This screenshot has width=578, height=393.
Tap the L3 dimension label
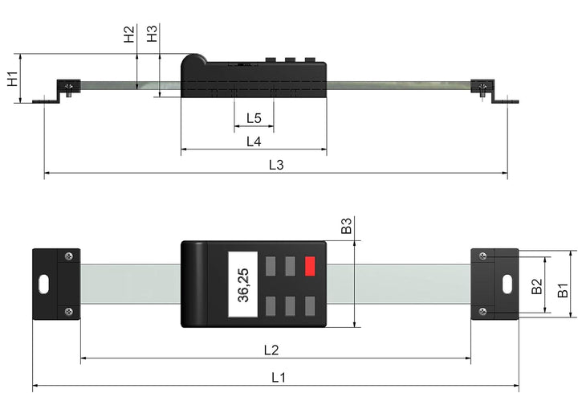(276, 164)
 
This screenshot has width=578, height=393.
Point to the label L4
(254, 141)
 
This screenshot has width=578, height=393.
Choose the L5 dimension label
(254, 118)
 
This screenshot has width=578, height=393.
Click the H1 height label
(12, 79)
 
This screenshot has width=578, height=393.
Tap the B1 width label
(564, 289)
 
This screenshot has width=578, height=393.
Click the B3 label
(346, 226)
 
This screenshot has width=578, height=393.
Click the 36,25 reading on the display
(242, 284)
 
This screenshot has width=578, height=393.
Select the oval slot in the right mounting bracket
(507, 284)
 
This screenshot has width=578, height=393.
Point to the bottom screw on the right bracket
(482, 311)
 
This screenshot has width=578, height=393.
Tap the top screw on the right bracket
(482, 256)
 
